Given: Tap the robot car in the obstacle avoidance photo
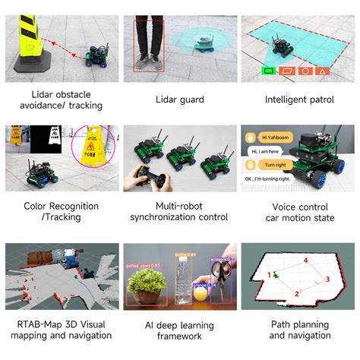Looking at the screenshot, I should click(x=97, y=54).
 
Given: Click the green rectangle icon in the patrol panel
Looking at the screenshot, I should click(x=268, y=71).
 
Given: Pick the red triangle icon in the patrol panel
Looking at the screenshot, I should click(x=324, y=71).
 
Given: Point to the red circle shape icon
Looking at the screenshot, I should click(x=305, y=71).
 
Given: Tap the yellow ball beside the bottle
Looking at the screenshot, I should click(x=198, y=293).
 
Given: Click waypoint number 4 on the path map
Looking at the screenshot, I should click(x=306, y=261).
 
